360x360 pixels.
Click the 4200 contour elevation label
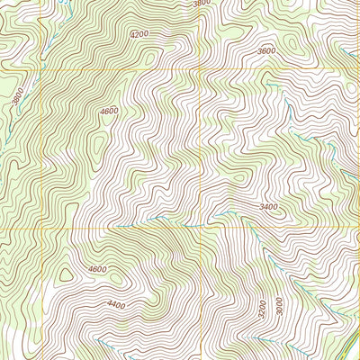pyautogui.click(x=138, y=34)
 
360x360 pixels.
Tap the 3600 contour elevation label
pyautogui.click(x=266, y=51)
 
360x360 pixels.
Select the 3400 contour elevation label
pyautogui.click(x=268, y=207)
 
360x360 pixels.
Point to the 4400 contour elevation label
pyautogui.click(x=116, y=305)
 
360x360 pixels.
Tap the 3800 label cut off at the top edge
pyautogui.click(x=202, y=4)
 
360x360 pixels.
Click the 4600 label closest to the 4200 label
pyautogui.click(x=109, y=111)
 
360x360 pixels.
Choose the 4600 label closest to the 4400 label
pyautogui.click(x=97, y=269)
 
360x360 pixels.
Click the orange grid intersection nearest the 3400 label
pyautogui.click(x=199, y=228)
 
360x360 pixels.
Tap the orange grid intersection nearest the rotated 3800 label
pyautogui.click(x=43, y=68)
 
